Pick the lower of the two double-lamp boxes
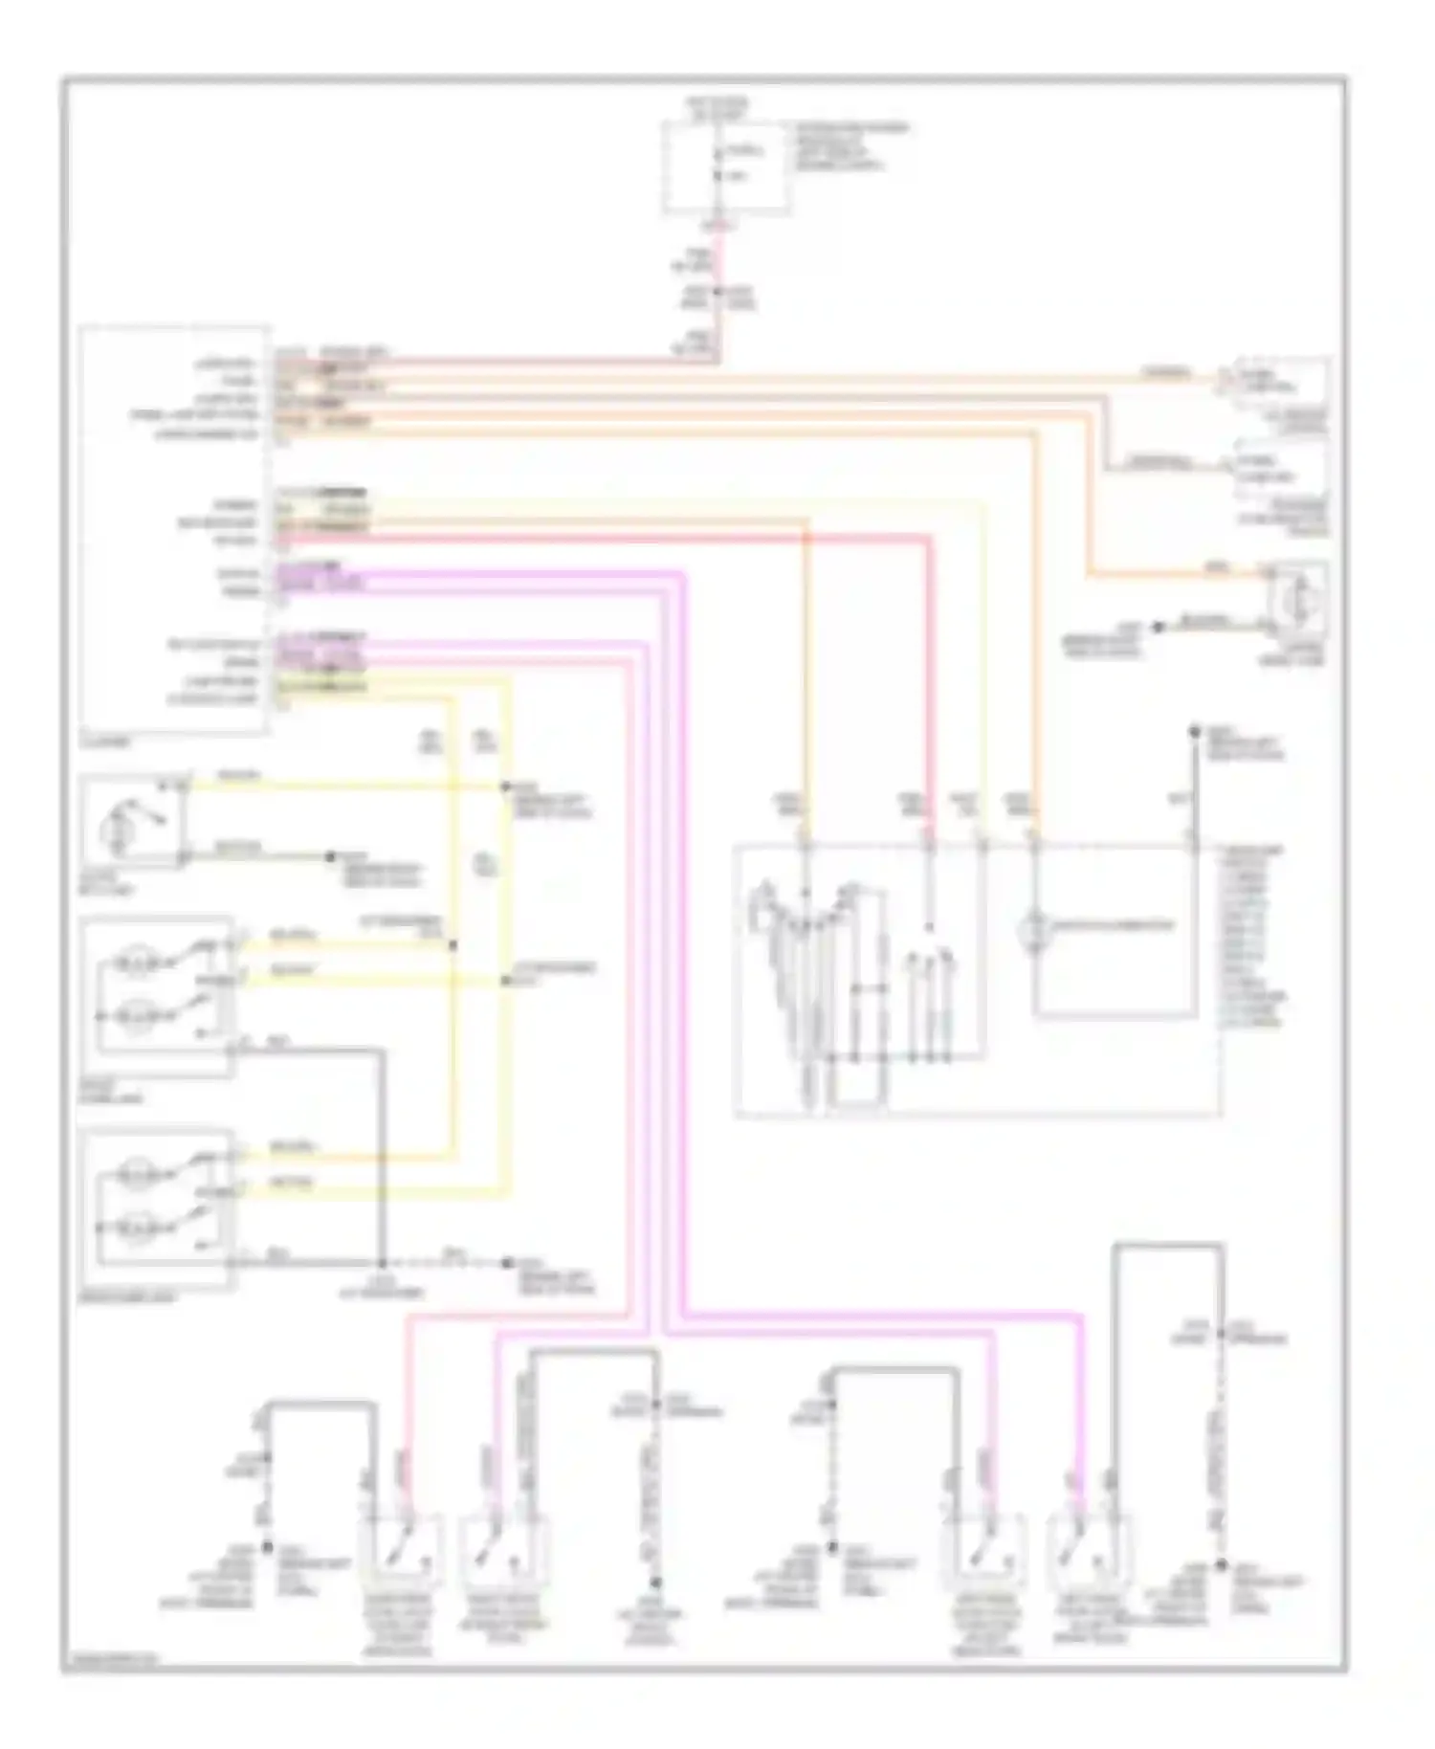click(x=158, y=1208)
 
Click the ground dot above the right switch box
click(x=1194, y=733)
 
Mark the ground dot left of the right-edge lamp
click(x=1157, y=627)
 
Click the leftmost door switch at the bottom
click(x=401, y=1543)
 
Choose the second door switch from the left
click(x=504, y=1543)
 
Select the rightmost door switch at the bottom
click(x=1090, y=1543)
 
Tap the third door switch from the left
click(x=984, y=1543)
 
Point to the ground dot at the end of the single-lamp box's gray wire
click(x=331, y=855)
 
